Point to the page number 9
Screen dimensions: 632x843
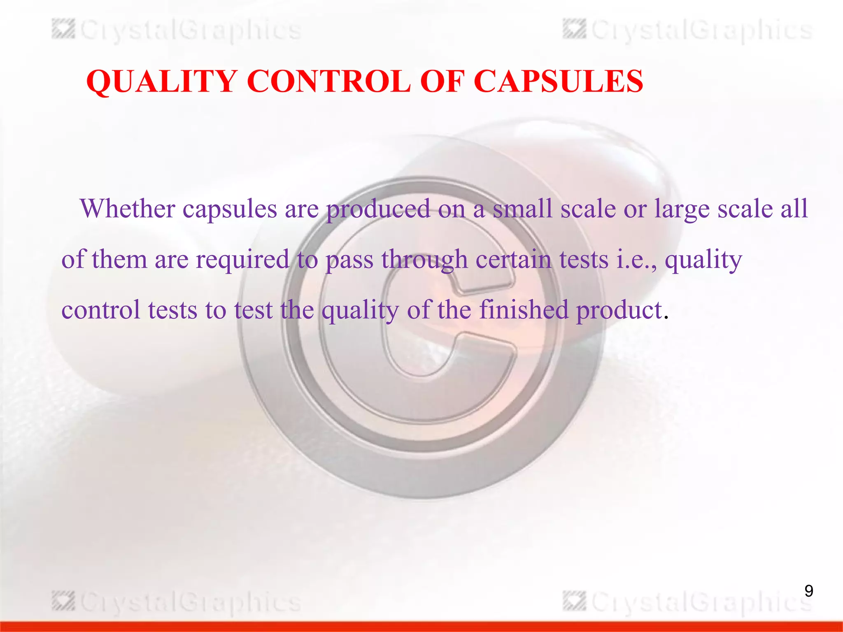pos(808,591)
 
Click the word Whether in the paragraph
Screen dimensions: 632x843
pos(128,209)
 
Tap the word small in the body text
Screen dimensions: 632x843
pos(522,209)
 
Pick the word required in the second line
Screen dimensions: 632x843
pos(242,260)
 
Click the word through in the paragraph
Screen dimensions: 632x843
pos(424,260)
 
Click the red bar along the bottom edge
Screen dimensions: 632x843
pos(421,626)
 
